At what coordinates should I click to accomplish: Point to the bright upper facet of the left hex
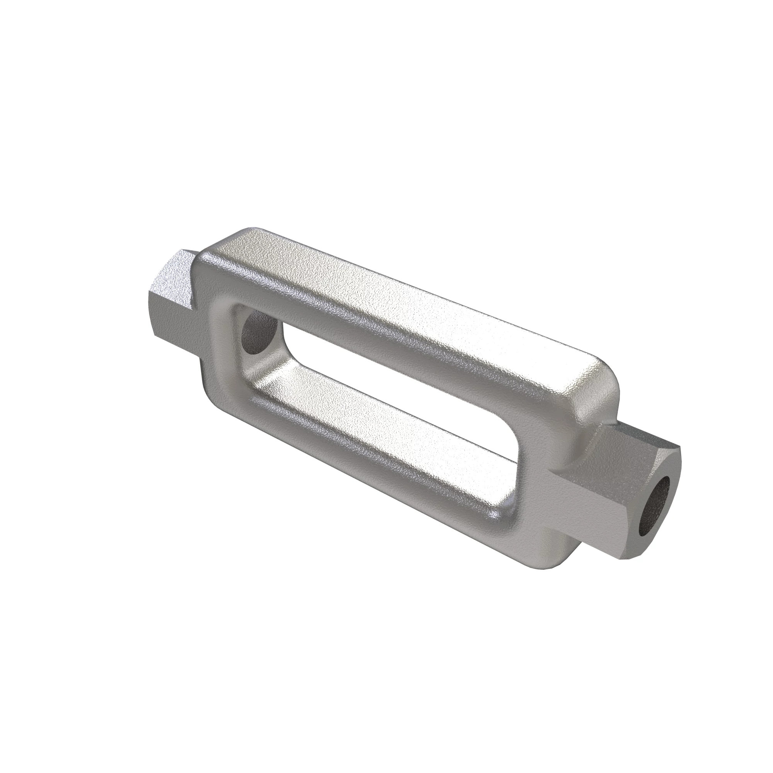pos(176,272)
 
